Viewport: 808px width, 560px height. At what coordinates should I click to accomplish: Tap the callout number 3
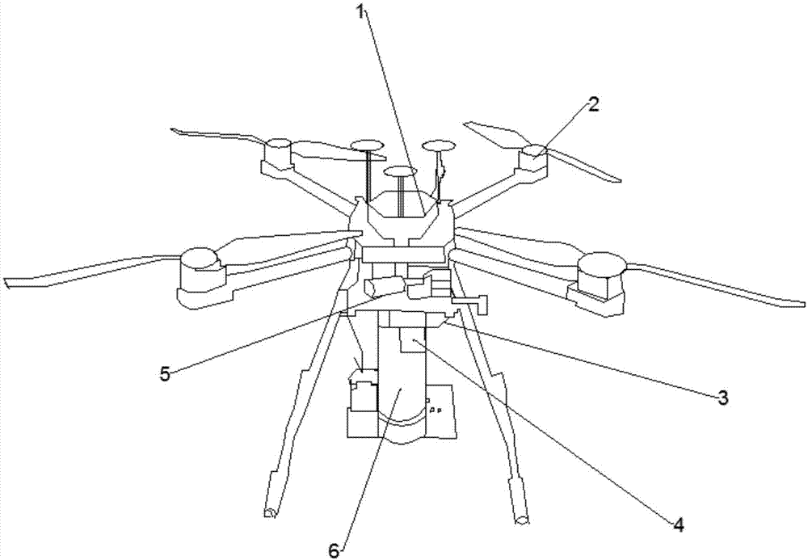[723, 397]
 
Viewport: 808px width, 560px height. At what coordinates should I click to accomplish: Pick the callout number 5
[165, 373]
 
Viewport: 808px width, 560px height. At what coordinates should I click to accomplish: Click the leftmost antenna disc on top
[367, 145]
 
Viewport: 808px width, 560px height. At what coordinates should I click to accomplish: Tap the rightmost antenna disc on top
[439, 145]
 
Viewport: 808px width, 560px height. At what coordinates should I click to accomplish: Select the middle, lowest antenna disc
[400, 171]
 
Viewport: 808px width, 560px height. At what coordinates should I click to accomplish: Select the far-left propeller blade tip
[8, 282]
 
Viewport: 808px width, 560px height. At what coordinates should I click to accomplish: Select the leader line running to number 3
[590, 360]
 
